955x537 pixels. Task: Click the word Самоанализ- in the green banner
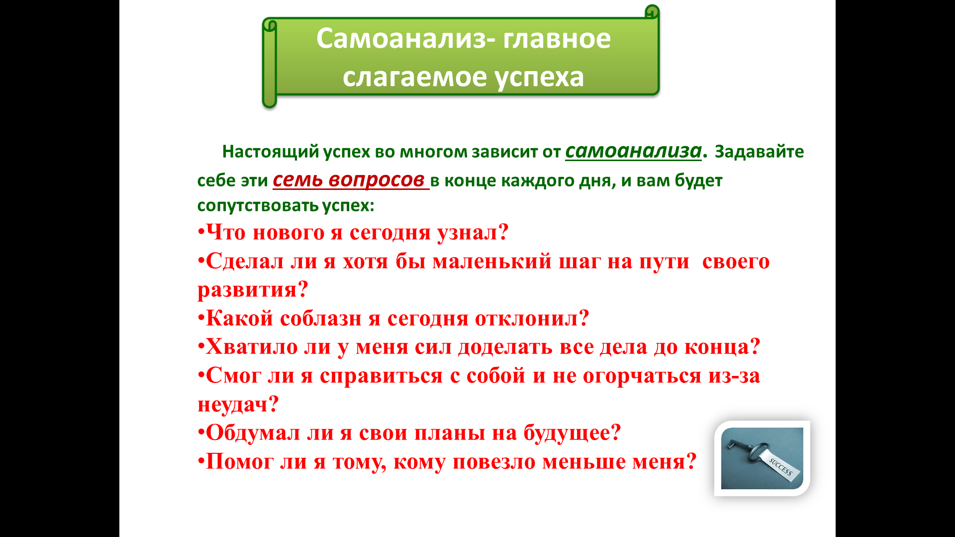406,39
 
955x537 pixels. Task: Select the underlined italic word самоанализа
633,150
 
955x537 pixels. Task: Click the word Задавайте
759,151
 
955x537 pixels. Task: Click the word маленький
492,261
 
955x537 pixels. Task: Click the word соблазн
321,319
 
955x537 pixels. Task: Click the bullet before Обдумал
201,433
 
